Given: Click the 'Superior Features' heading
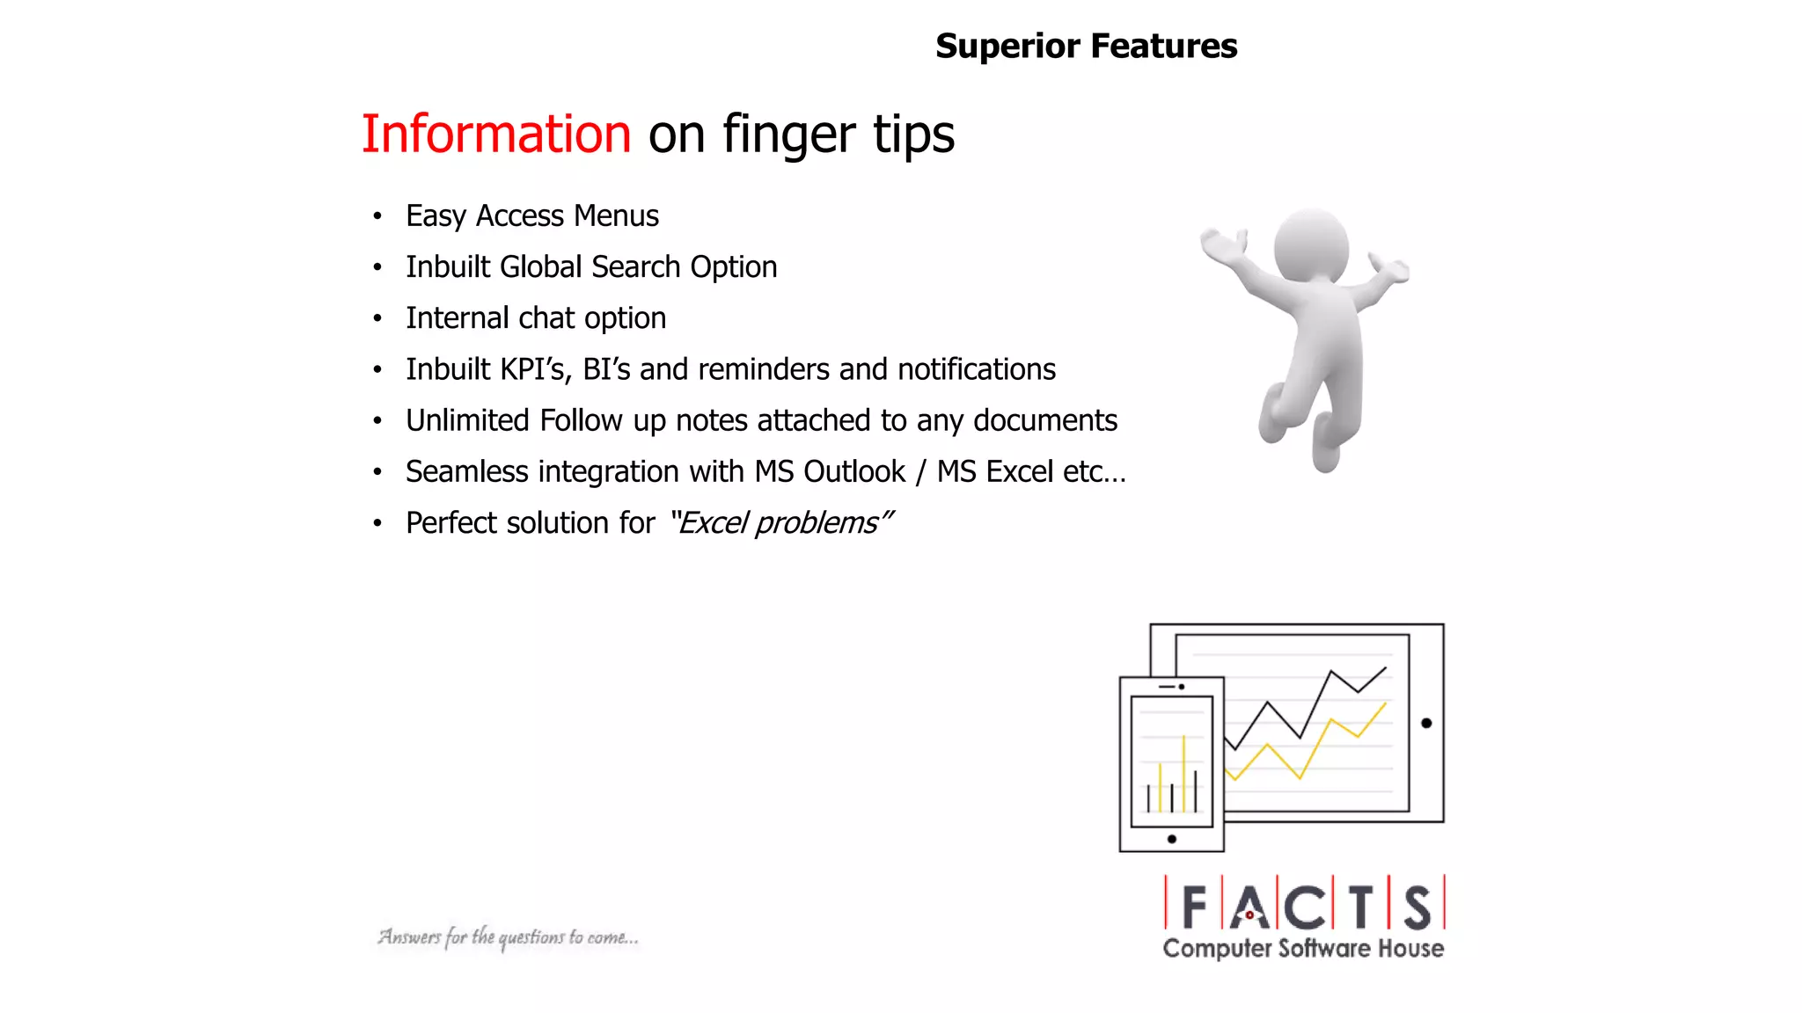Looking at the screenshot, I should pyautogui.click(x=1086, y=46).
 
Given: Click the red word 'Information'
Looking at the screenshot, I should pyautogui.click(x=496, y=134).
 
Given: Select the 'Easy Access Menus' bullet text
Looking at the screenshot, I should pyautogui.click(x=531, y=216).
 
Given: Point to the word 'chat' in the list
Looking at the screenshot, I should pyautogui.click(x=547, y=318).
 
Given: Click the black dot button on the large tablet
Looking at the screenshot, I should pyautogui.click(x=1426, y=723).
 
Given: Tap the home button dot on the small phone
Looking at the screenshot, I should pyautogui.click(x=1171, y=839).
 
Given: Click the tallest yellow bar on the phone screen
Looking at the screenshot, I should pyautogui.click(x=1183, y=774).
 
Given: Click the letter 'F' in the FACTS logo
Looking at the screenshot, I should pyautogui.click(x=1194, y=907).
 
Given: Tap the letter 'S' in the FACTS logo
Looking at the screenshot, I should pyautogui.click(x=1417, y=907).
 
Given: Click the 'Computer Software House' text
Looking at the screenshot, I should pyautogui.click(x=1302, y=949).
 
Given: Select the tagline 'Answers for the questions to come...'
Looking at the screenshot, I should pyautogui.click(x=508, y=937).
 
